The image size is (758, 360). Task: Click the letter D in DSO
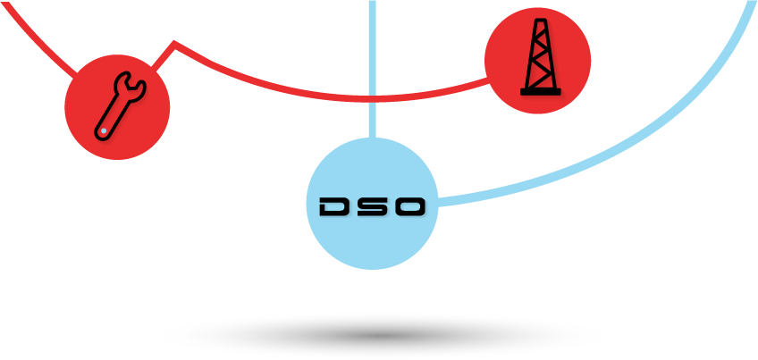[x=335, y=206]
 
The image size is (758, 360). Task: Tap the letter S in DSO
[x=372, y=206]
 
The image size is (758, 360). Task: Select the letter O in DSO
[x=409, y=206]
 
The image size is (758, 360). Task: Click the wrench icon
[x=120, y=106]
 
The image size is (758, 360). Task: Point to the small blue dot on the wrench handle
[x=104, y=131]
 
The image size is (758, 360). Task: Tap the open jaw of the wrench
[x=130, y=86]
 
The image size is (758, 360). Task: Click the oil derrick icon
[x=541, y=56]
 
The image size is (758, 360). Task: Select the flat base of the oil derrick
[x=541, y=92]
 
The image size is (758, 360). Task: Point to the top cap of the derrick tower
[x=541, y=21]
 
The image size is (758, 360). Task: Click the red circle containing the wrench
[x=117, y=107]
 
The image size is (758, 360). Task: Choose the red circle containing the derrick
[x=537, y=61]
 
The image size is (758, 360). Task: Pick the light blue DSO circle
[x=372, y=204]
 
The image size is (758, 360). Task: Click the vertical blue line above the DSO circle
[x=372, y=69]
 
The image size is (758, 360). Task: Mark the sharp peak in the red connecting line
[x=174, y=43]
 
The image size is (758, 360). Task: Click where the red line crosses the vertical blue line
[x=372, y=98]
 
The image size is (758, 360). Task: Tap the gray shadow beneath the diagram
[x=382, y=335]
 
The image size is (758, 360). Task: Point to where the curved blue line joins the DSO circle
[x=438, y=203]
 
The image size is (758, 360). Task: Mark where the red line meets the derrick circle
[x=487, y=80]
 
